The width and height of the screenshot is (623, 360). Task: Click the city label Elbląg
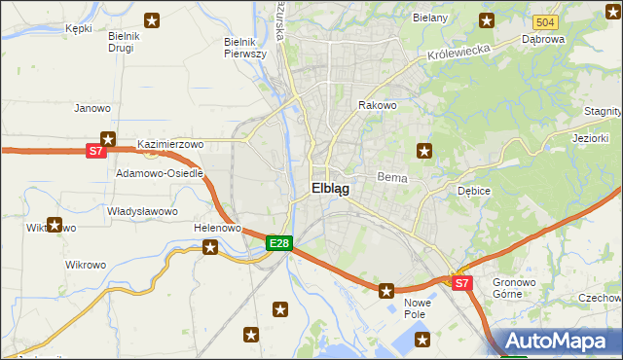[330, 190]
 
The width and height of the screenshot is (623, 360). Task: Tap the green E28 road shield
[278, 243]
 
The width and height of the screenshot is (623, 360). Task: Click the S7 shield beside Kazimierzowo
[94, 151]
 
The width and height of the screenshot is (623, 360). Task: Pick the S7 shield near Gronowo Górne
[462, 283]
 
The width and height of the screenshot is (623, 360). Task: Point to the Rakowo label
[378, 105]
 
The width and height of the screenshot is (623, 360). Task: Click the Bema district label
[390, 179]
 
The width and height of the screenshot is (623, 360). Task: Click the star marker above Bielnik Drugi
[152, 19]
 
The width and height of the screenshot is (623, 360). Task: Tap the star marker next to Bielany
[487, 19]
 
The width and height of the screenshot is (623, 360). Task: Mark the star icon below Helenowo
[210, 247]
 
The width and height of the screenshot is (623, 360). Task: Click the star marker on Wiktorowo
[55, 226]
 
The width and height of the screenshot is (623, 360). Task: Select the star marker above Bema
[423, 150]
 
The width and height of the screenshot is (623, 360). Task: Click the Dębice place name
[473, 191]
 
